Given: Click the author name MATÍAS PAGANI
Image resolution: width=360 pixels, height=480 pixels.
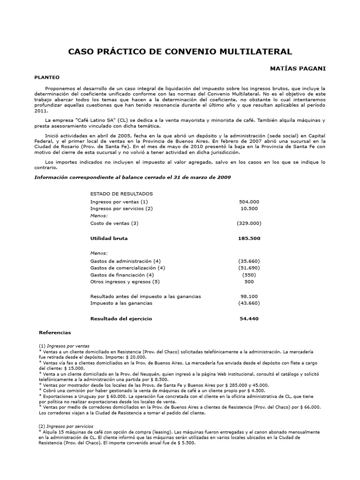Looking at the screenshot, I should point(298,68).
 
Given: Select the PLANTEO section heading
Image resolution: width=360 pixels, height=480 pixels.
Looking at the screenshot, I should point(47,77).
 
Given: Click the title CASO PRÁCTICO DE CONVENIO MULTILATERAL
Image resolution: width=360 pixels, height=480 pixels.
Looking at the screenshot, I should point(180,52).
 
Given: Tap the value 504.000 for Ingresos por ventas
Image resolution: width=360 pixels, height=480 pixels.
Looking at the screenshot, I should point(249,201).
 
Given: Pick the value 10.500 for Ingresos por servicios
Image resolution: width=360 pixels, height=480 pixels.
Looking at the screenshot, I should point(249,208).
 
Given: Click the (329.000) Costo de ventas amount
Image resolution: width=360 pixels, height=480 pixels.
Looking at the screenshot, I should point(249,223).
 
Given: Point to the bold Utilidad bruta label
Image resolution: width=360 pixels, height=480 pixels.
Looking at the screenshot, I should point(109,238).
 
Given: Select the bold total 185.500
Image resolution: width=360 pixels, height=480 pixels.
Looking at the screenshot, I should point(249,238).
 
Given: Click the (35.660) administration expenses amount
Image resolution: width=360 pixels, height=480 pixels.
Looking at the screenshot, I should point(249,261).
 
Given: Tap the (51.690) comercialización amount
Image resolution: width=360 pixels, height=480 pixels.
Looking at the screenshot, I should point(249,268).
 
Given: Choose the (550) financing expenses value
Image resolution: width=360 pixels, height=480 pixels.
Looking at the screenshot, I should point(249,275).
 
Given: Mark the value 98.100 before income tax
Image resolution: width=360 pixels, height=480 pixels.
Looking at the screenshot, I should point(249,296).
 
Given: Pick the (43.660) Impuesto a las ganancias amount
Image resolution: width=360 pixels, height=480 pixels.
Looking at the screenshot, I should point(249,303).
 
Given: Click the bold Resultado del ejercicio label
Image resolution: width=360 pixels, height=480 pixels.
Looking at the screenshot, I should point(121,319).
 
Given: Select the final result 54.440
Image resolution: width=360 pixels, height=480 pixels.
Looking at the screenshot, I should point(249,319).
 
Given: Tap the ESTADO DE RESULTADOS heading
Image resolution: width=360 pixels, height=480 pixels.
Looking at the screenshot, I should point(121,193).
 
